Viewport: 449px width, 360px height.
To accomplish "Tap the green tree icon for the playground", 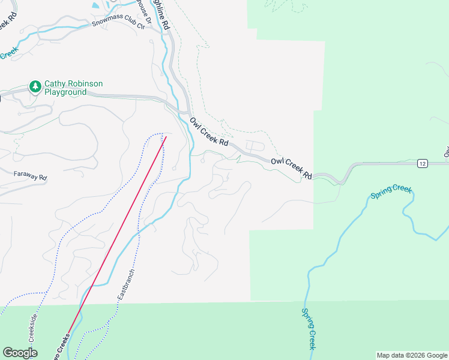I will (x=35, y=88).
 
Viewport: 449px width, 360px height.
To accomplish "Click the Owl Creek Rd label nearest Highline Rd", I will (x=209, y=132).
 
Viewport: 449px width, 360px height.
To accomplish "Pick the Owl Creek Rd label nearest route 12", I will (x=291, y=168).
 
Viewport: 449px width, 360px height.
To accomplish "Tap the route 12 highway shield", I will (x=423, y=164).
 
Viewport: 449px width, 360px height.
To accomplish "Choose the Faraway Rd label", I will (x=30, y=177).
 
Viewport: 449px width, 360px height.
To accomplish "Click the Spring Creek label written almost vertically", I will (x=309, y=329).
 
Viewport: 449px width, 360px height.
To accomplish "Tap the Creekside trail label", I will (x=33, y=326).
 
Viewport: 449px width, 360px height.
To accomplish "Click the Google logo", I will (x=20, y=353).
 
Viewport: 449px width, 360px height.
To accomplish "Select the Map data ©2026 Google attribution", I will (x=412, y=355).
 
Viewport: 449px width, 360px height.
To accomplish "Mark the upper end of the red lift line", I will (x=166, y=137).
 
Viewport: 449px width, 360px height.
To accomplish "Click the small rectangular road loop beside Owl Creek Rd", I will (x=254, y=146).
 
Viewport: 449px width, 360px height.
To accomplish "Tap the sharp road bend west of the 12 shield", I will (x=343, y=181).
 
